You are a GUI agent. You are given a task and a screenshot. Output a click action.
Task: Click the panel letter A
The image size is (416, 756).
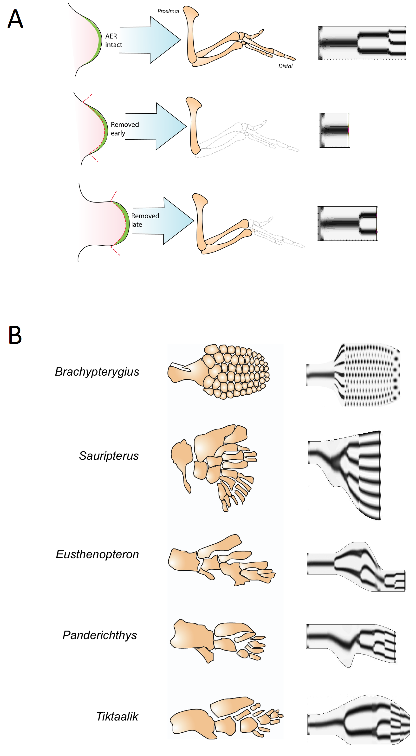click(15, 19)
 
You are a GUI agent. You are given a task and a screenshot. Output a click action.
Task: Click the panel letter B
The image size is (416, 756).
click(15, 335)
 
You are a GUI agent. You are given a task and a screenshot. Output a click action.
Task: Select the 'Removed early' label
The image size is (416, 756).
click(124, 129)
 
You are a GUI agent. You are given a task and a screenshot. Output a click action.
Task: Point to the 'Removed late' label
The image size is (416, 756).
click(145, 220)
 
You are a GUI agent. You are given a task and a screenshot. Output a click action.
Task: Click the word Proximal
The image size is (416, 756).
click(168, 11)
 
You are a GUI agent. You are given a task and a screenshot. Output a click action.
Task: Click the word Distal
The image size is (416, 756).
click(285, 66)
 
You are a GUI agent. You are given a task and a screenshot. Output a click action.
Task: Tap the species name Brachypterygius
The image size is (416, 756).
click(97, 371)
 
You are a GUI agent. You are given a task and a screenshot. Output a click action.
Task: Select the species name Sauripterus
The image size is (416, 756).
click(109, 456)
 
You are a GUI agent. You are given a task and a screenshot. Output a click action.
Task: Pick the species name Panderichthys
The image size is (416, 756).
click(100, 635)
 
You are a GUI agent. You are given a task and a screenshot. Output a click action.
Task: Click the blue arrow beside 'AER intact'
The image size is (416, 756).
click(153, 40)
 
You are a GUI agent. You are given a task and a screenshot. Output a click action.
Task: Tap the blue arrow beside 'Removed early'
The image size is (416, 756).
click(158, 126)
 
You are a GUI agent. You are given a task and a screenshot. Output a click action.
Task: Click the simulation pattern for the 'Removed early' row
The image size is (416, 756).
click(334, 130)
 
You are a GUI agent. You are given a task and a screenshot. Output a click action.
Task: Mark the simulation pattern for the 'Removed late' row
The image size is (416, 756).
click(347, 223)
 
